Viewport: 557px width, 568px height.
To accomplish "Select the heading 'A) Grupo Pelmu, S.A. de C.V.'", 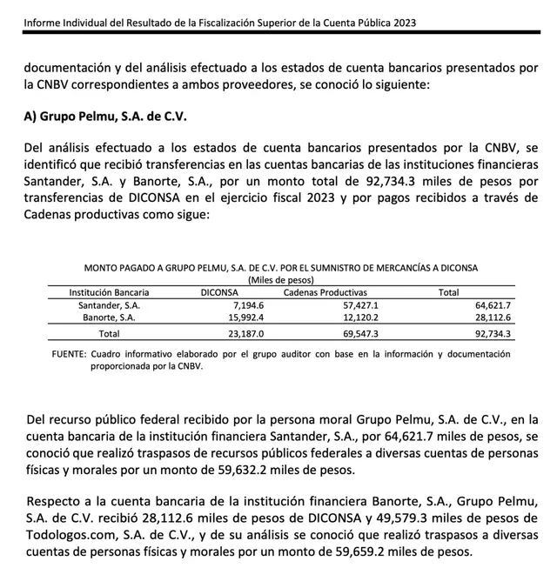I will [105, 117].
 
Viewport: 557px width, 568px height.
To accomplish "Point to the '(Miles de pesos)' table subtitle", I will [281, 279].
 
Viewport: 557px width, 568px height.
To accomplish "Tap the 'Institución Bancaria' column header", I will [109, 292].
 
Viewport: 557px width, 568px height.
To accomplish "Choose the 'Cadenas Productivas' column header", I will [325, 292].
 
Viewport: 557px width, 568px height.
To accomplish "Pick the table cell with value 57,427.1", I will [359, 305].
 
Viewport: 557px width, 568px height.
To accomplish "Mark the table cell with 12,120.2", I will [359, 318].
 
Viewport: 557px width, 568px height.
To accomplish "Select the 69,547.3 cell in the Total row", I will [359, 333].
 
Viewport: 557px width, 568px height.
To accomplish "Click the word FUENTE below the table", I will [69, 355].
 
